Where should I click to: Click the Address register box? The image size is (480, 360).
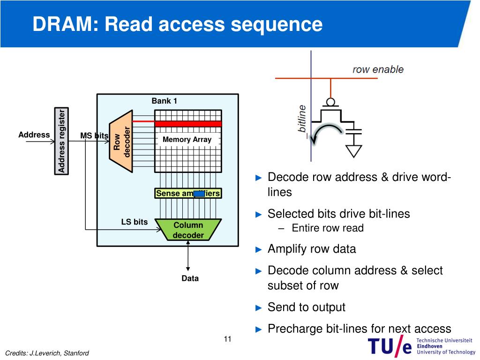61,141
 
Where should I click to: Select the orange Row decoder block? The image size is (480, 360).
121,141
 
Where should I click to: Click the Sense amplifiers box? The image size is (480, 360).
188,194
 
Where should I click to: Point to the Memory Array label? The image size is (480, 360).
187,140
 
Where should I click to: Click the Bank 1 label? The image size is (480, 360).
165,101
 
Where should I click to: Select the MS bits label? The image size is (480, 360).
94,135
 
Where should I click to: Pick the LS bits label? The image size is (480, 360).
135,222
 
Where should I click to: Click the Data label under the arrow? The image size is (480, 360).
190,278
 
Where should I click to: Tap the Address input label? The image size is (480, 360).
34,135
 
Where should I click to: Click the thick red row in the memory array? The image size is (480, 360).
188,124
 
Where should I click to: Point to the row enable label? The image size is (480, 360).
378,69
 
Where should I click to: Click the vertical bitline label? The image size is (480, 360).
302,119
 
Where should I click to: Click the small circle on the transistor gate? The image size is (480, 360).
330,102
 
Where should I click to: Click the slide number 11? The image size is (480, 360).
227,339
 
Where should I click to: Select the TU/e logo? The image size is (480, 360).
421,346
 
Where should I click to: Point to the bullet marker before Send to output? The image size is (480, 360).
259,307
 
